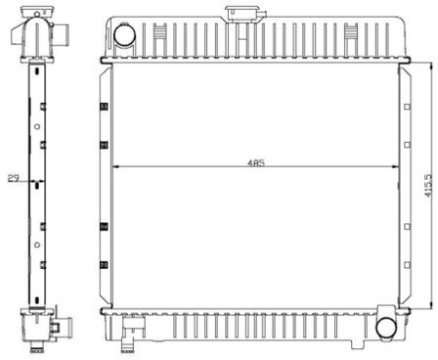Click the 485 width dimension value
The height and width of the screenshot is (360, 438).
pyautogui.click(x=256, y=162)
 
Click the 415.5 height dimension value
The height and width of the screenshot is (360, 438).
pyautogui.click(x=429, y=185)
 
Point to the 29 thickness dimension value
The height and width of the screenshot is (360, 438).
pyautogui.click(x=14, y=178)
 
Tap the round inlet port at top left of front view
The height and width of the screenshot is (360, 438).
pyautogui.click(x=124, y=34)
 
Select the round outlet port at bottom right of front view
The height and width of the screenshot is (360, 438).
pyautogui.click(x=386, y=328)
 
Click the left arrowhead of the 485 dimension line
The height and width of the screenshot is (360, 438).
pyautogui.click(x=115, y=167)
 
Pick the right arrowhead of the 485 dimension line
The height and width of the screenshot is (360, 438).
pyautogui.click(x=395, y=167)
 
